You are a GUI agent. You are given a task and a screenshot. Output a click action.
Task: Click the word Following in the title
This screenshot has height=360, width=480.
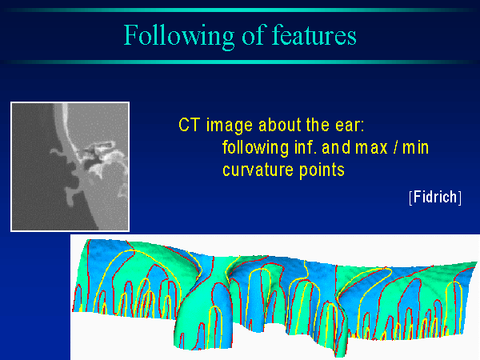(x=179, y=36)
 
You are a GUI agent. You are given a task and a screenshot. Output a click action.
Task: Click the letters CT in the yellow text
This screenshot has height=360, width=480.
(x=190, y=125)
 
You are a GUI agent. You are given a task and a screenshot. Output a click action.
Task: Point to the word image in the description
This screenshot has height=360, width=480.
(x=230, y=126)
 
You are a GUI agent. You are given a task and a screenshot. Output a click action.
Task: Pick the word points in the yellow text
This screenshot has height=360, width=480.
(x=322, y=170)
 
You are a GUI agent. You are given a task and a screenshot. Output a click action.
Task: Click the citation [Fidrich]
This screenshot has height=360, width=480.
(x=435, y=197)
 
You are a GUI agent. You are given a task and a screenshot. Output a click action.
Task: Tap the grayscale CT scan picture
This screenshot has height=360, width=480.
(x=70, y=166)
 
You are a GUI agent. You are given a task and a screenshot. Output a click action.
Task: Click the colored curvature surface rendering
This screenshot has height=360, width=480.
(x=274, y=297)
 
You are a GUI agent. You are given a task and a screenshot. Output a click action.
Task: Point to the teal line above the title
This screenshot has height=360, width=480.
(x=240, y=10)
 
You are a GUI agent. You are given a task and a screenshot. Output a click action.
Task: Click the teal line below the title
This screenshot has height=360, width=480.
(x=240, y=62)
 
